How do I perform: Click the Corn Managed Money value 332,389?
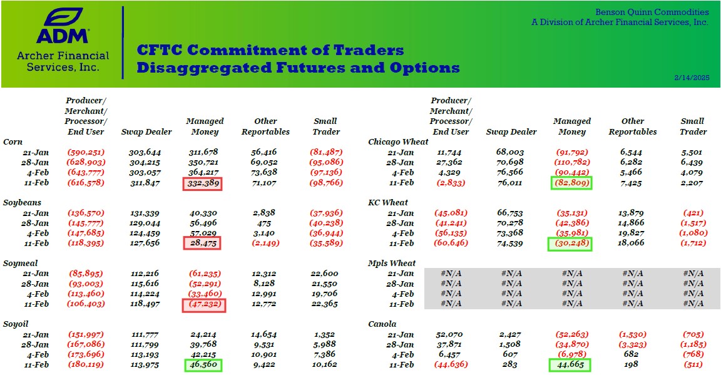pos(205,183)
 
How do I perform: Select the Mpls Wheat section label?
pos(392,264)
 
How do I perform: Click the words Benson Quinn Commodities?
pos(652,12)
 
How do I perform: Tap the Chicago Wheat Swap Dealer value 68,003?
pos(511,152)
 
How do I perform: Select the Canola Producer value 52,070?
pos(451,335)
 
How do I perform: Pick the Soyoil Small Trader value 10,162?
pos(324,365)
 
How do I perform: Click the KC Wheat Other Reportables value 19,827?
pos(633,234)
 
